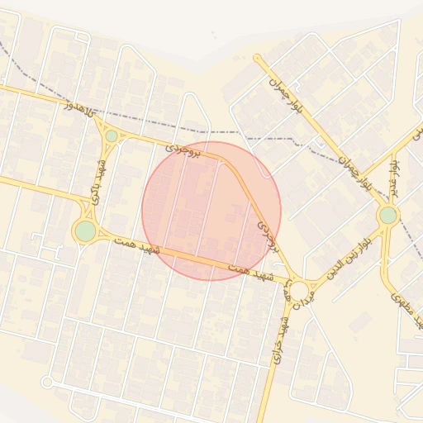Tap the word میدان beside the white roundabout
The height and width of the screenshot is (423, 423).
(x=289, y=291)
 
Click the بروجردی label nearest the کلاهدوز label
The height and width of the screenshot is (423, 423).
(x=183, y=149)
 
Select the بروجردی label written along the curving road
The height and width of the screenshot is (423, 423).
(x=267, y=235)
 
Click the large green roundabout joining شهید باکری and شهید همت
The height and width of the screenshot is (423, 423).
(x=85, y=231)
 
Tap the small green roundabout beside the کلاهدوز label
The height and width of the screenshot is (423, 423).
(x=111, y=135)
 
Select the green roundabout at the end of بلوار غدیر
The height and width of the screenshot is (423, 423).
(x=387, y=216)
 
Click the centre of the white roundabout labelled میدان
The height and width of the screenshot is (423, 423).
(x=300, y=290)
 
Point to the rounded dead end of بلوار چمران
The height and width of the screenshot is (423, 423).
(x=258, y=59)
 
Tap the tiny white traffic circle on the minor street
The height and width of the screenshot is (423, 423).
(x=47, y=382)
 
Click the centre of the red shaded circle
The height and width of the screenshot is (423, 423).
(x=211, y=211)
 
